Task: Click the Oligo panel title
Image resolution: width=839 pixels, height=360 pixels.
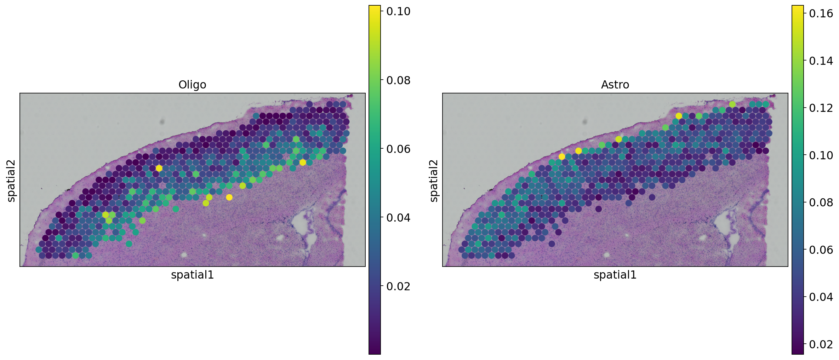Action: click(x=192, y=85)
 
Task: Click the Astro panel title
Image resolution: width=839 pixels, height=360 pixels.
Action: click(x=615, y=85)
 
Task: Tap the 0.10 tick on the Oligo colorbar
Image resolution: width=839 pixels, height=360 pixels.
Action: click(x=398, y=11)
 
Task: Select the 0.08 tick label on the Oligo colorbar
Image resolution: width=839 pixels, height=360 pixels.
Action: click(x=398, y=80)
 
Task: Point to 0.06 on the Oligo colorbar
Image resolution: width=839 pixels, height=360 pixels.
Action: click(x=398, y=149)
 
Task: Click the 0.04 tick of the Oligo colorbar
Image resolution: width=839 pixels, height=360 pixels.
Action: click(x=398, y=218)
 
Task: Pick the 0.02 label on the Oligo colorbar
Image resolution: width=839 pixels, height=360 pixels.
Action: click(x=398, y=286)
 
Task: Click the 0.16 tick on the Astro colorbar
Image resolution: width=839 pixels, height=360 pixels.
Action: click(x=821, y=13)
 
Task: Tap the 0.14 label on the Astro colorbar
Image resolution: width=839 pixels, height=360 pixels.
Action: click(x=821, y=61)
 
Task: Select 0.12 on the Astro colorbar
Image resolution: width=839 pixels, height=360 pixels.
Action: click(x=821, y=108)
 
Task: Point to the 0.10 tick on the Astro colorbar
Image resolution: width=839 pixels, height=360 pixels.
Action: click(x=821, y=155)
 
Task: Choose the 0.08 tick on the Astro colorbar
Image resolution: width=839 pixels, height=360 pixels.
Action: click(x=821, y=202)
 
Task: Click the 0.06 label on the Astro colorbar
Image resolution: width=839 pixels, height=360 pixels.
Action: click(x=821, y=250)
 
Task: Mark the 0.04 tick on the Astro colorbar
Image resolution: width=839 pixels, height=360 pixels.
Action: click(x=821, y=297)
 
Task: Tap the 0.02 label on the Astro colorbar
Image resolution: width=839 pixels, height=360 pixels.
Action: click(x=821, y=344)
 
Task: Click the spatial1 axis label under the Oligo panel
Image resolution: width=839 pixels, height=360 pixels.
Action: click(x=192, y=275)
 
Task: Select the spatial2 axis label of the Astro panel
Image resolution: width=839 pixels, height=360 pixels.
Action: click(x=434, y=181)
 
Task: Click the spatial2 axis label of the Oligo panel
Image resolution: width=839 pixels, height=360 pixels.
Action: click(x=11, y=181)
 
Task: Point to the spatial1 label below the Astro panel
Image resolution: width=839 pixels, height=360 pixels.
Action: click(x=615, y=275)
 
